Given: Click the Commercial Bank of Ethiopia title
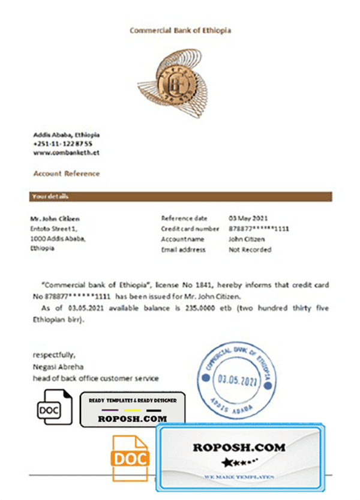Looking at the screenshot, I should coord(180,30).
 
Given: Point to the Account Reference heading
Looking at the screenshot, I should coord(67,173).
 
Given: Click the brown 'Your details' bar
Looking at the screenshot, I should coord(180,196).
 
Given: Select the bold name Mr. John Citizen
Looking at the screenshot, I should coord(55,218).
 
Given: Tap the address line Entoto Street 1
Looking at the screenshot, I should coord(54,229).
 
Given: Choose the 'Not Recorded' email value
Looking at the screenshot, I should coord(250,249).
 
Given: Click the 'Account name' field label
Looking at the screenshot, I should coord(182,239).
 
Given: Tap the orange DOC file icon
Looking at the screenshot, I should coord(129,459).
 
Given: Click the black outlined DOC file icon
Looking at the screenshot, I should coord(55,409).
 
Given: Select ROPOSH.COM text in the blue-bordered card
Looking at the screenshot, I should coord(239,447).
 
